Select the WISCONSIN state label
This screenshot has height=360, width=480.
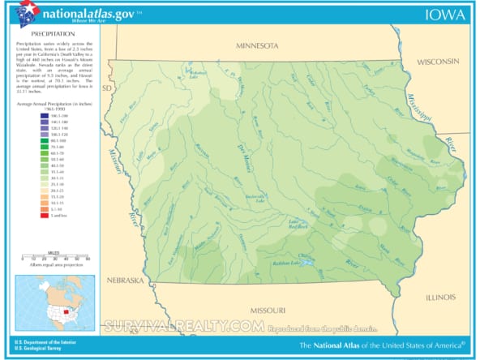tap(439, 62)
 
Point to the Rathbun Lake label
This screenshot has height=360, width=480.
tap(285, 264)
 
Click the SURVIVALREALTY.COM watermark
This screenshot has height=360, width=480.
tap(185, 326)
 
